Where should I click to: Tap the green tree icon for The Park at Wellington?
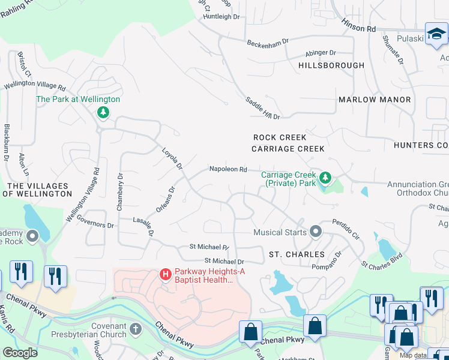103,112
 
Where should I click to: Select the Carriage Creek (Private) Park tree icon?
325,178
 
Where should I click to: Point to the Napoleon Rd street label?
228,170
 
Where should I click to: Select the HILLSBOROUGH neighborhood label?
331,65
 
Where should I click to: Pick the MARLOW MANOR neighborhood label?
375,100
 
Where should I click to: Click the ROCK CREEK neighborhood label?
280,137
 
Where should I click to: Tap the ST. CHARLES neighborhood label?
297,254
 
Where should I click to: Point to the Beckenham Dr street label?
268,41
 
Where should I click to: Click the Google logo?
20,352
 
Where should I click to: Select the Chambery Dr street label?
120,192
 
